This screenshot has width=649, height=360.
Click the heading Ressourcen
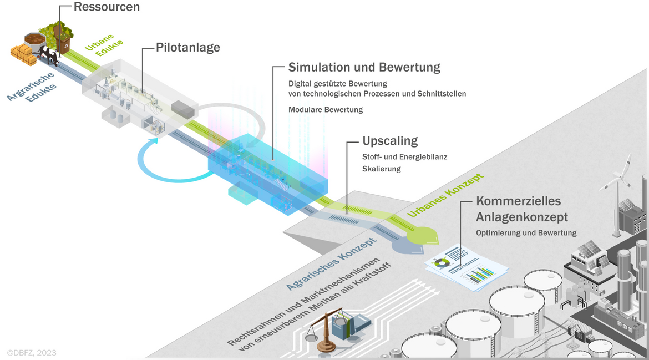coord(107,7)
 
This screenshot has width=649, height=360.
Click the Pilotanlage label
coord(188,48)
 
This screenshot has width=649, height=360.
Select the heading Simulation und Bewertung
coord(364,67)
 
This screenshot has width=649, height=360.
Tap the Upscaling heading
coord(390,141)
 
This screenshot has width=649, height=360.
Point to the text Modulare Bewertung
coord(326,110)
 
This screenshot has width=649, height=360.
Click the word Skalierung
coord(382,169)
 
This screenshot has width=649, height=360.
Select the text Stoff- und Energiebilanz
coord(405,157)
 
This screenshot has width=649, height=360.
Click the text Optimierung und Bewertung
coord(526,232)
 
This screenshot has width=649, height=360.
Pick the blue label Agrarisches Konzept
coord(332,263)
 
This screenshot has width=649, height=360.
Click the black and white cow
coord(49,56)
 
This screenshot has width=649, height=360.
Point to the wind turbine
coord(617,195)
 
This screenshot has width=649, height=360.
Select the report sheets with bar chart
coord(467,268)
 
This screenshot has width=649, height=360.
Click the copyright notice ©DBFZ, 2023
coord(32,353)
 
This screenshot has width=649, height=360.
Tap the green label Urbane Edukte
coord(104,45)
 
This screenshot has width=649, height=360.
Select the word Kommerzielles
coord(519,201)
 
